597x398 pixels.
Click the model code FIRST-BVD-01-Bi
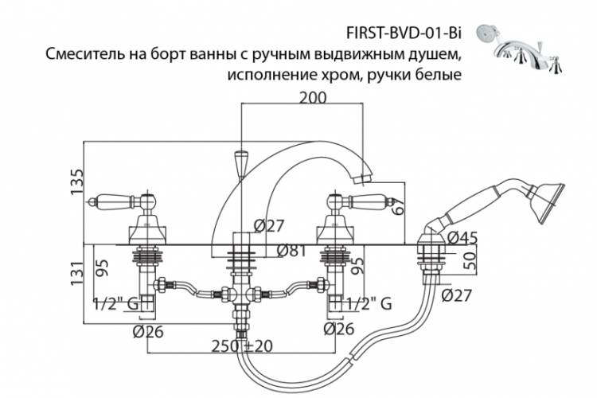402,34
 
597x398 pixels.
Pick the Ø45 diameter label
462,237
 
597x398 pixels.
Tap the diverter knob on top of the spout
239,164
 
